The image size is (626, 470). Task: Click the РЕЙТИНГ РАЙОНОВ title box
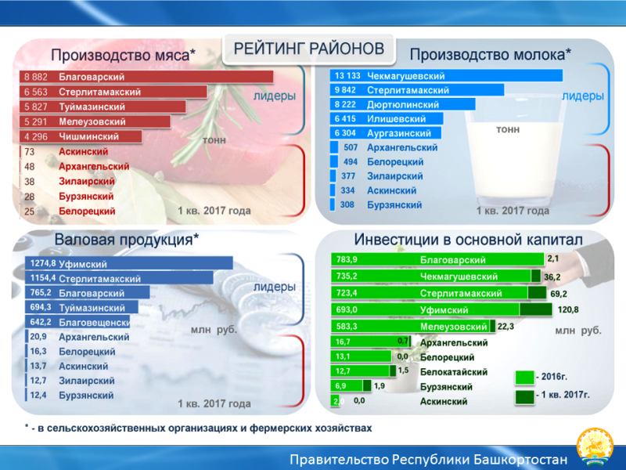click(x=308, y=49)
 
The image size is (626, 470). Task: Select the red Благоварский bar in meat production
click(x=146, y=77)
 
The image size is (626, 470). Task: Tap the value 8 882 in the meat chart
click(x=35, y=77)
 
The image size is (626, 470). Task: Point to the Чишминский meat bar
click(x=81, y=136)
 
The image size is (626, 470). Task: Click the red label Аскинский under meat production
click(x=84, y=151)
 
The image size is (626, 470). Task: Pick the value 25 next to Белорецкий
click(x=29, y=211)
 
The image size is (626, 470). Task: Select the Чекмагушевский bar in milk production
click(x=446, y=75)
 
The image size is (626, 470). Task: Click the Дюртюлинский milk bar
click(x=402, y=104)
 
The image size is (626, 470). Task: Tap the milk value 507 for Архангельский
click(x=351, y=147)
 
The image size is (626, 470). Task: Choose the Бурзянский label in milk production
click(x=394, y=205)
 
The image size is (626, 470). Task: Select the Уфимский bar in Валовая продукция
click(x=129, y=263)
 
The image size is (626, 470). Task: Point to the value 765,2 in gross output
click(x=41, y=292)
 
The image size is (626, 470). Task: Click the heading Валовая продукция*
click(x=127, y=240)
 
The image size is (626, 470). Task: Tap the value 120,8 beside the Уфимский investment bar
click(x=568, y=309)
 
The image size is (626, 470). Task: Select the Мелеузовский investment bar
click(x=413, y=326)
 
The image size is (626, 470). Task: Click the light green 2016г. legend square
click(x=524, y=378)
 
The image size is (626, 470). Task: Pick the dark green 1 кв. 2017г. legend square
click(x=524, y=397)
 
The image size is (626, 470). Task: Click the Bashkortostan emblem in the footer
click(x=595, y=447)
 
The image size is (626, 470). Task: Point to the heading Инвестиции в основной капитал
click(x=468, y=240)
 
